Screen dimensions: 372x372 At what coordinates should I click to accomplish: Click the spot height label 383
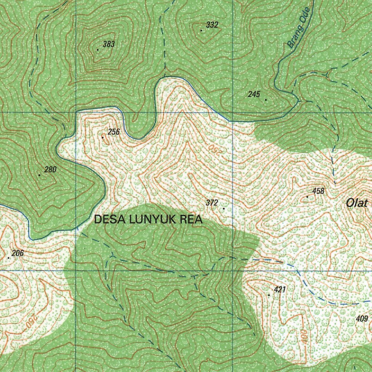point(109,44)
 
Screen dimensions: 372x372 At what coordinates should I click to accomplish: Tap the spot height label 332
point(212,25)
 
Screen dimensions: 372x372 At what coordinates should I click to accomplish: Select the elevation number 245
point(254,94)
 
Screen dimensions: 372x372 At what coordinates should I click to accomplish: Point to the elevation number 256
point(114,132)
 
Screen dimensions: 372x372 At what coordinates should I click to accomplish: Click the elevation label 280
point(50,169)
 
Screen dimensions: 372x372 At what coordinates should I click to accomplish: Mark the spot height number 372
point(212,203)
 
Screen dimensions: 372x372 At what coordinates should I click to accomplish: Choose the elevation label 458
point(318,191)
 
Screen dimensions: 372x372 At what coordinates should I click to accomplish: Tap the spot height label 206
point(17,253)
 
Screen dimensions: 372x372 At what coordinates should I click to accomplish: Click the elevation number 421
point(280,290)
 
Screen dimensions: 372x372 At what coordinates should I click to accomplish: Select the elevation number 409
point(362,319)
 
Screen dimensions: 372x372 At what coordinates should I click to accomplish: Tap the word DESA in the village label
point(106,219)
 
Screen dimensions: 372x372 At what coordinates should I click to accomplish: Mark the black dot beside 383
point(97,49)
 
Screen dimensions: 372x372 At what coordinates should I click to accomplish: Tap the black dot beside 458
point(307,197)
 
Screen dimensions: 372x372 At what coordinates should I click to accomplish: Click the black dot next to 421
point(269,295)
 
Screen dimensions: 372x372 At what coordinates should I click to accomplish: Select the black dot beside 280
point(39,175)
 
